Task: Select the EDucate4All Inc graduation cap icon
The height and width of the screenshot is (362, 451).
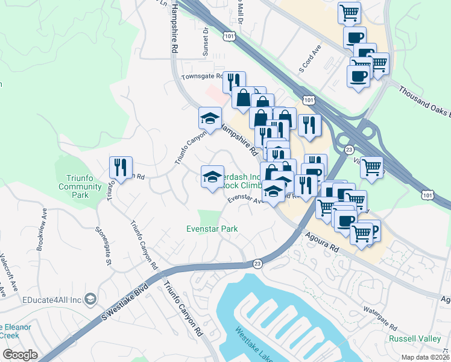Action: point(90,298)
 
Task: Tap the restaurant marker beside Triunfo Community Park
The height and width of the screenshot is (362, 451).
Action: point(121,167)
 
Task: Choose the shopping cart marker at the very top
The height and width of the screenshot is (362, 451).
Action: point(350,11)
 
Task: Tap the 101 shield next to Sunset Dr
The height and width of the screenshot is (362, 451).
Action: point(229,37)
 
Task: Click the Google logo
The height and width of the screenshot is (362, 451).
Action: point(20,354)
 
